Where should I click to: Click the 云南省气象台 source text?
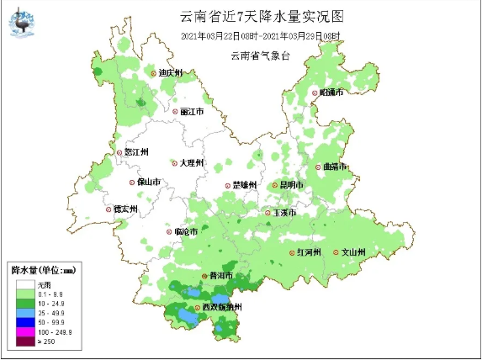click(260, 55)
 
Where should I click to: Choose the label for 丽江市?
click(193, 111)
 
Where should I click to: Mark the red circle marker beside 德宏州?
click(108, 209)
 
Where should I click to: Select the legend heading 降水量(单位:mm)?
click(43, 270)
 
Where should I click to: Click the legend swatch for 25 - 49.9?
click(21, 313)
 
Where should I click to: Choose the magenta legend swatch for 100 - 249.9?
click(21, 332)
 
